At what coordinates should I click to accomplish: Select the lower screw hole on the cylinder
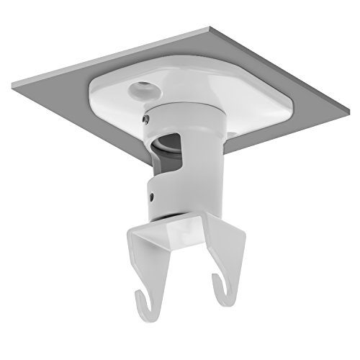151,193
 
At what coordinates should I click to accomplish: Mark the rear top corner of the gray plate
207,28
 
